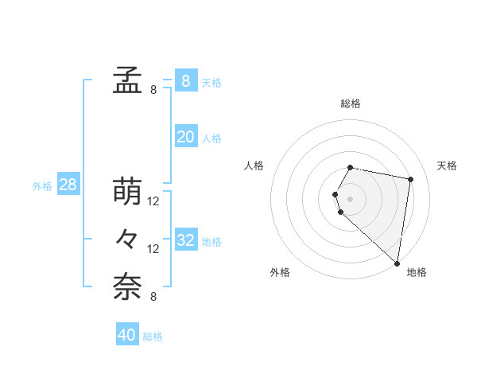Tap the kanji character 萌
[x=127, y=192]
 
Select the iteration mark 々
[x=127, y=239]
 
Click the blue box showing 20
[x=185, y=137]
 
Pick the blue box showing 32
[x=185, y=240]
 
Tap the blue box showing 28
[x=68, y=185]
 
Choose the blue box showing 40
[x=126, y=335]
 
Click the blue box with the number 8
[x=185, y=80]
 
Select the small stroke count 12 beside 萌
[x=153, y=201]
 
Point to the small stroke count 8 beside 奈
[x=153, y=297]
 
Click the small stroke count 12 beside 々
[x=153, y=249]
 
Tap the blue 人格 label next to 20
[x=211, y=138]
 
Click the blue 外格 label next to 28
[x=42, y=186]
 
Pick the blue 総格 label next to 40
[x=153, y=337]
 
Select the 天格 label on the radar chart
[x=447, y=166]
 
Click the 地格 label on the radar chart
[x=417, y=272]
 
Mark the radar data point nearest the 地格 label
[x=397, y=263]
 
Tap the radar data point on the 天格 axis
[x=410, y=180]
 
